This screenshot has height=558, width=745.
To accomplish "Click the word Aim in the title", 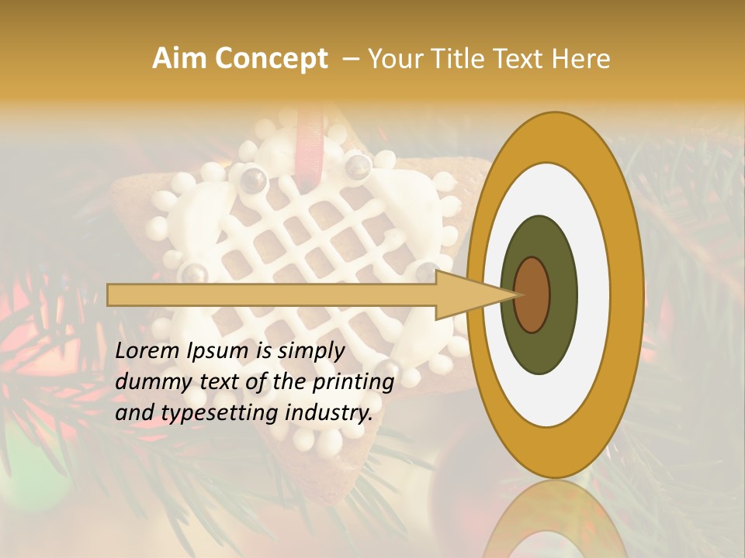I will (x=180, y=59).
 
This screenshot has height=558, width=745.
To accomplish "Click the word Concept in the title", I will (x=272, y=59).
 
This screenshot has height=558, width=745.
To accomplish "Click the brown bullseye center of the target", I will (x=532, y=294).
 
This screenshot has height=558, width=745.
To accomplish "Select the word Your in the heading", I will (x=394, y=59).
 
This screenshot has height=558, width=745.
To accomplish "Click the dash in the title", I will (x=350, y=59).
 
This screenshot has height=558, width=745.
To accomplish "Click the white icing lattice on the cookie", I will (x=310, y=232).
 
